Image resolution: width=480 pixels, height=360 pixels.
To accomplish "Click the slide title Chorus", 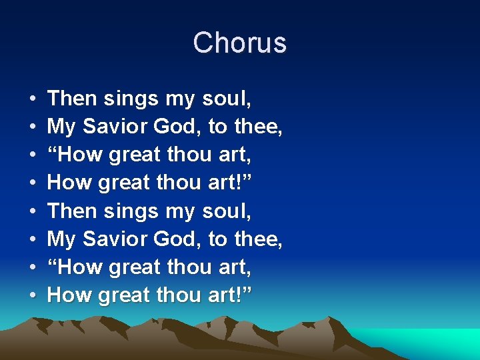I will pos(240,43).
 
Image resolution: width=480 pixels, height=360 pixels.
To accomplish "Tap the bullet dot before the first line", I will pos(33,99).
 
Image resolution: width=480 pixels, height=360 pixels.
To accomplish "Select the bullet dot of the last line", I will pos(33,295).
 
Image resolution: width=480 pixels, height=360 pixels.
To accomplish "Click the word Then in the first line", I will pos(73,99).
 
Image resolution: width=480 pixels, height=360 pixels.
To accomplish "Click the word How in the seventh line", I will pos(76,267).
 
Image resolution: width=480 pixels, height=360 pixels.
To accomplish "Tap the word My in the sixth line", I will pos(61,239).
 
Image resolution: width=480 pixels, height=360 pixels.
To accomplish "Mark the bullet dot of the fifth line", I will pos(33,211).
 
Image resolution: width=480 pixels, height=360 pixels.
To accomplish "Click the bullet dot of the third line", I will pos(33,155).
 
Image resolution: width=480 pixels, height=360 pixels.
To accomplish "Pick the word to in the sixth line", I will pos(218,239).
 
